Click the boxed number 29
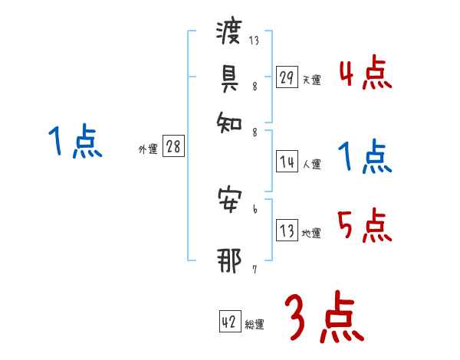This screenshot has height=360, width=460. point(286,78)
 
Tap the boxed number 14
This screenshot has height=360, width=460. point(286,162)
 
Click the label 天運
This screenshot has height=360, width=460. point(311,80)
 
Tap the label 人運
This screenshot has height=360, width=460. point(311,164)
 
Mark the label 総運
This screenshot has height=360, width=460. point(255,325)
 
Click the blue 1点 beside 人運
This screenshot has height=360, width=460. point(365,158)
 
